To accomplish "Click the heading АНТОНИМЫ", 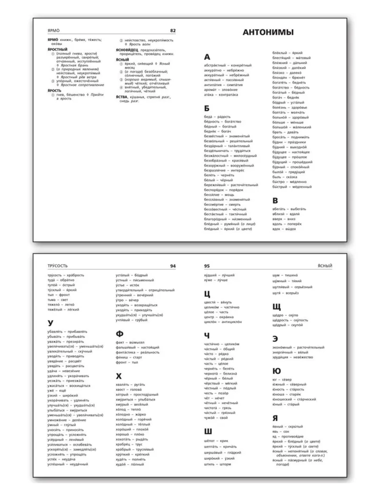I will (x=268, y=32).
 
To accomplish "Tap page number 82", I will (x=173, y=31).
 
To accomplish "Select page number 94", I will (x=173, y=266).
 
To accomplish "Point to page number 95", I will (x=207, y=266).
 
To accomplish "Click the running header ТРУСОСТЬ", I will (x=57, y=266).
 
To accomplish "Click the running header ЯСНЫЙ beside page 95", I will (x=325, y=266).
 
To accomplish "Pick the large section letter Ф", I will (x=119, y=334).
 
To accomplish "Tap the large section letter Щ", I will (x=277, y=307).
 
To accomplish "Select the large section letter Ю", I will (x=276, y=371).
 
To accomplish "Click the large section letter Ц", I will (x=207, y=294).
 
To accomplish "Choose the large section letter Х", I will (x=119, y=376).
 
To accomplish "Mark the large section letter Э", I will (x=275, y=339).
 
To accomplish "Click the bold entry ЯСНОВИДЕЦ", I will (x=127, y=50).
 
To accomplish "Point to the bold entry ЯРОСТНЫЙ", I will (x=57, y=49).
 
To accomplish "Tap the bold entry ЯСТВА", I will (x=122, y=97).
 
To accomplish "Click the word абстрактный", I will (x=215, y=65).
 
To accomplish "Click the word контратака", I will (x=228, y=95).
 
